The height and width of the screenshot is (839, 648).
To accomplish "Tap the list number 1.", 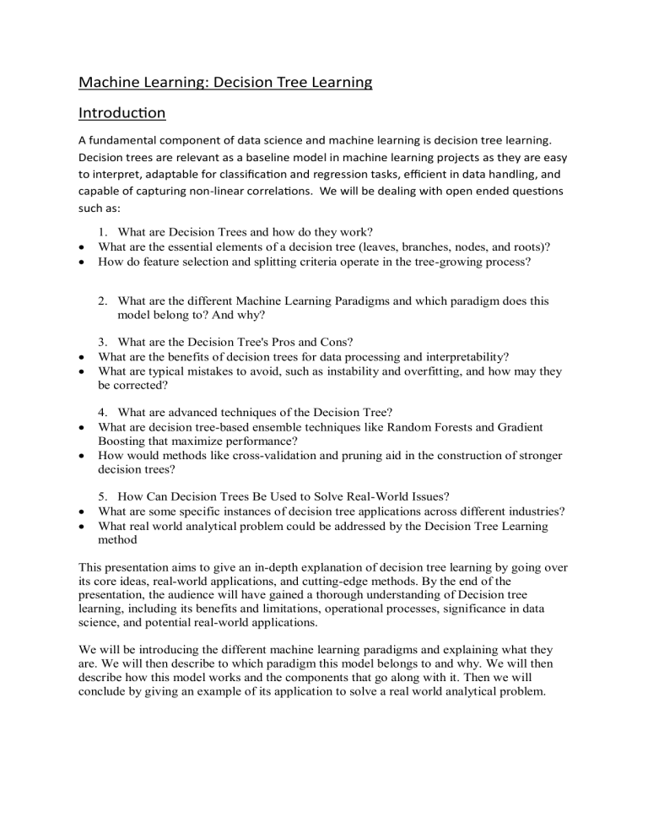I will pos(101,231).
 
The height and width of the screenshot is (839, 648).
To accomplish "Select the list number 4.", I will pos(101,412).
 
